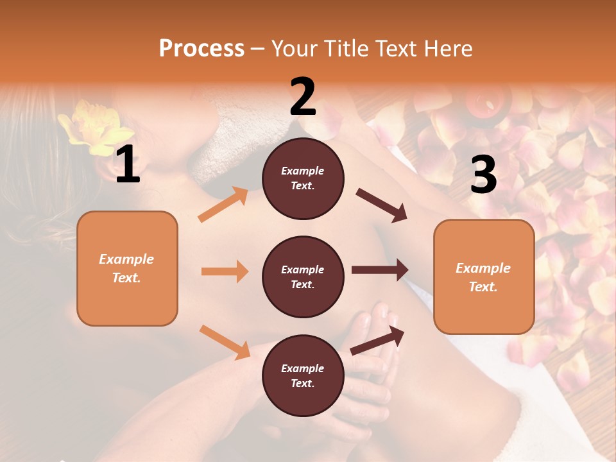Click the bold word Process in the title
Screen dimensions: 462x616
(x=201, y=48)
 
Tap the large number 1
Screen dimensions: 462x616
(x=128, y=165)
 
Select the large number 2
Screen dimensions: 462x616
(x=303, y=97)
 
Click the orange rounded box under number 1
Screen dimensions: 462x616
(x=127, y=268)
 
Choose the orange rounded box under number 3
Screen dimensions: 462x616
(x=484, y=277)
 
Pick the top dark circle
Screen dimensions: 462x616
(x=303, y=178)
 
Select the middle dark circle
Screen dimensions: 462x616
(x=303, y=277)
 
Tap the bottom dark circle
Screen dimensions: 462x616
(x=303, y=375)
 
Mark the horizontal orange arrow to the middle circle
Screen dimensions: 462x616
(x=225, y=271)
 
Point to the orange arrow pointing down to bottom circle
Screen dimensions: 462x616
(x=225, y=341)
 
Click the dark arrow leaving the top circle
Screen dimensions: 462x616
(x=381, y=205)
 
